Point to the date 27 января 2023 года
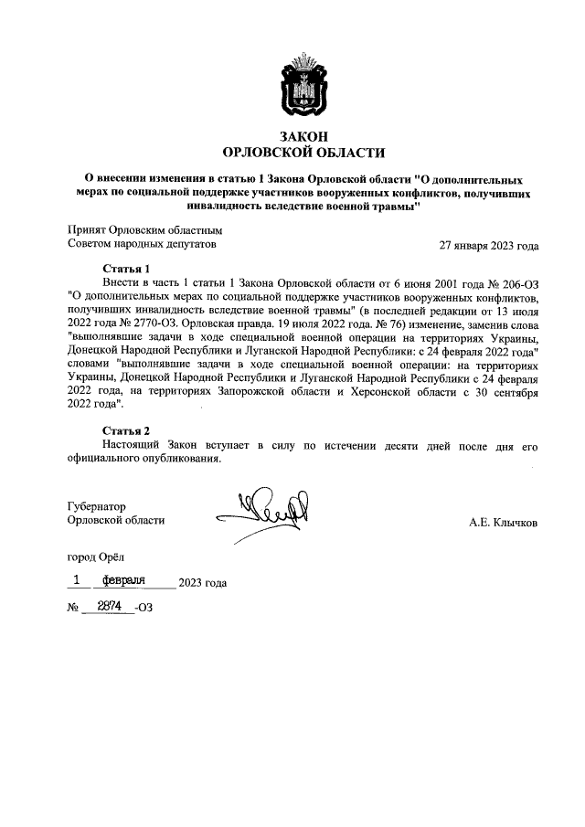pyautogui.click(x=489, y=245)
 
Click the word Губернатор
pyautogui.click(x=96, y=505)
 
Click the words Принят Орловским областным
pyautogui.click(x=144, y=230)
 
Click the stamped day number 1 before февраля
pyautogui.click(x=78, y=580)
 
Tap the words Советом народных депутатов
pyautogui.click(x=142, y=245)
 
